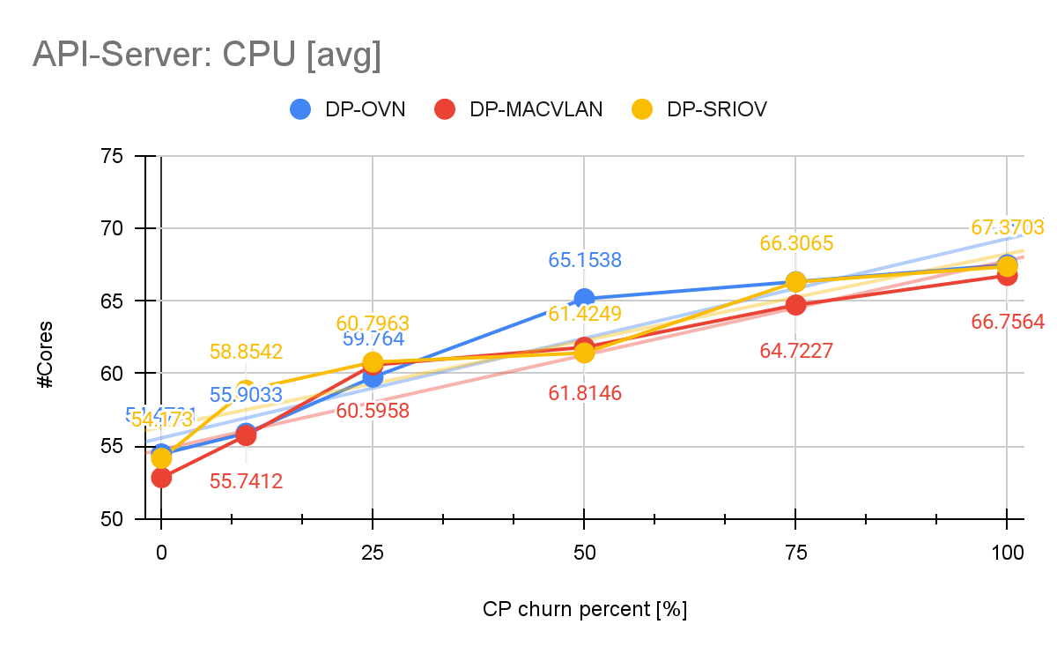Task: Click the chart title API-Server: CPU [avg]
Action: (207, 55)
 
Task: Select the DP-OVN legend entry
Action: (347, 109)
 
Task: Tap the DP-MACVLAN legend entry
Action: (519, 109)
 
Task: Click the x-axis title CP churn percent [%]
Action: (584, 610)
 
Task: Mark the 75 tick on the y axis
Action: (115, 156)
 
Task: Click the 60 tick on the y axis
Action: (115, 374)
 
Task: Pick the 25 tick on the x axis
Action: (373, 554)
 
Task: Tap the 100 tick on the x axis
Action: (1006, 554)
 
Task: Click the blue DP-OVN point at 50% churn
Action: (584, 299)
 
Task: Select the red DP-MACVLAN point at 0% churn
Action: (161, 477)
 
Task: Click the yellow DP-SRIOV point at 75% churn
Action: (795, 281)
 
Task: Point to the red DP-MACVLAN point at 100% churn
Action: (1006, 275)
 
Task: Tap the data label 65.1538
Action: (583, 261)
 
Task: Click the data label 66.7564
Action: (1008, 322)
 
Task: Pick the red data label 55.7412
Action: (246, 480)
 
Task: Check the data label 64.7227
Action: (796, 352)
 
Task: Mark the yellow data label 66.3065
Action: (796, 243)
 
